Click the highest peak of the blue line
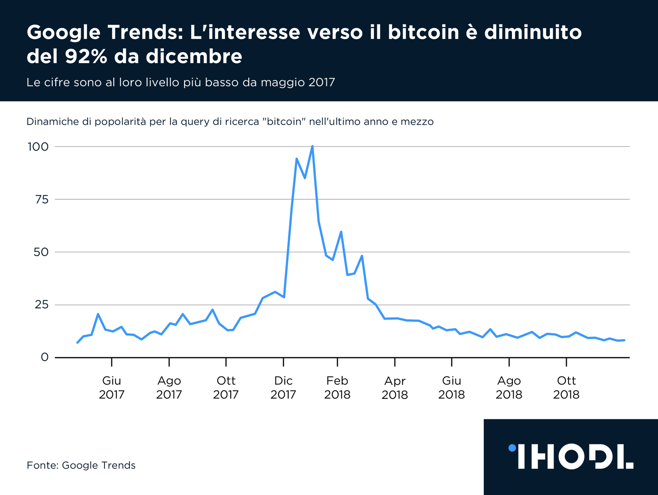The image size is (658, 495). (x=312, y=146)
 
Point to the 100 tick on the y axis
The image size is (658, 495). (x=38, y=147)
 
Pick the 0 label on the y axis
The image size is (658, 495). (x=44, y=357)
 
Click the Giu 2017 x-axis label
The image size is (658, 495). (x=111, y=387)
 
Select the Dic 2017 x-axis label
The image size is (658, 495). (x=283, y=387)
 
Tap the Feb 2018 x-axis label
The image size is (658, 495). (x=337, y=387)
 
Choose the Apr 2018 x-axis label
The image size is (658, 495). (x=395, y=387)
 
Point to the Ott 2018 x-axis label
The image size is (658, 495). (x=566, y=387)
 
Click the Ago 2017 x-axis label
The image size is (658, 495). (x=169, y=387)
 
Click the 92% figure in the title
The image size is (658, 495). (x=86, y=56)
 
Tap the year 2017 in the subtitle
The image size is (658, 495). (x=322, y=82)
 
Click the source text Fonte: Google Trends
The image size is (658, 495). (x=81, y=465)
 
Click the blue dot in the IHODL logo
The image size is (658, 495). (x=512, y=448)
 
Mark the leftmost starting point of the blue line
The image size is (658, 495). (x=78, y=342)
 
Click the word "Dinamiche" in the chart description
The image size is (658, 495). (x=53, y=122)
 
